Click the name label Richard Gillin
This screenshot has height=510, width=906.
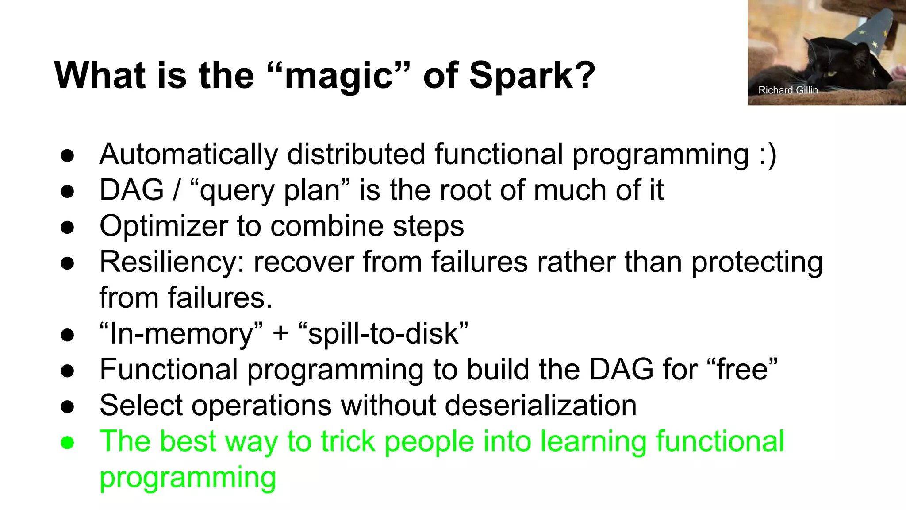(x=788, y=90)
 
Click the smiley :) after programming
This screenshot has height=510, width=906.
(x=768, y=155)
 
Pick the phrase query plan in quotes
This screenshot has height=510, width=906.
(x=269, y=191)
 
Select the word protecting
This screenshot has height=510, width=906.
(x=757, y=262)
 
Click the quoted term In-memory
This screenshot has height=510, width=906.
(x=181, y=333)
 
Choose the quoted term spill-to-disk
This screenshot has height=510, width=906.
(x=383, y=334)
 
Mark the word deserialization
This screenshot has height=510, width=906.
(x=540, y=405)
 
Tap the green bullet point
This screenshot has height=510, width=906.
(x=67, y=442)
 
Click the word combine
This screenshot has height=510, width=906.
(x=327, y=226)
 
